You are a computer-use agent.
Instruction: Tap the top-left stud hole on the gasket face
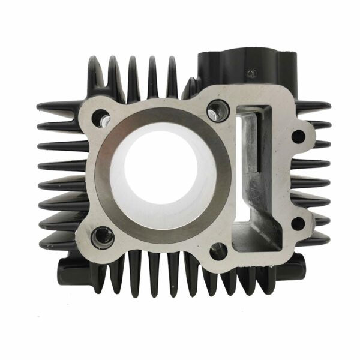pyautogui.click(x=102, y=118)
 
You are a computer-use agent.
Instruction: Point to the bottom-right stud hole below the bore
pyautogui.click(x=218, y=251)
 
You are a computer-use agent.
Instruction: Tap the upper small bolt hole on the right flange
pyautogui.click(x=298, y=136)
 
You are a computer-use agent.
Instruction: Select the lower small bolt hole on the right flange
pyautogui.click(x=298, y=224)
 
